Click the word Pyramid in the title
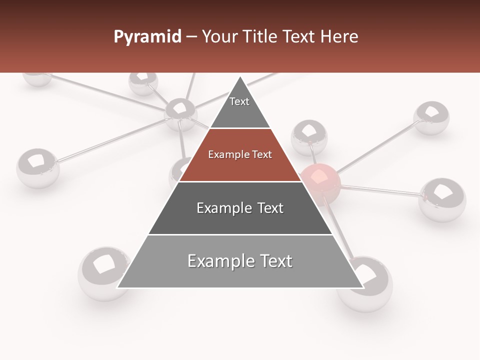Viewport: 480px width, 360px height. (147, 37)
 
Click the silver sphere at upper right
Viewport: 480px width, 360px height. (431, 118)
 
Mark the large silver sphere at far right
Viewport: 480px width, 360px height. (442, 199)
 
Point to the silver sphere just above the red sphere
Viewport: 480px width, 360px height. (309, 136)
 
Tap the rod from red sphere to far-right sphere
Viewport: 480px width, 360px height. (380, 190)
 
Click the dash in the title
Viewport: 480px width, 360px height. (191, 37)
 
